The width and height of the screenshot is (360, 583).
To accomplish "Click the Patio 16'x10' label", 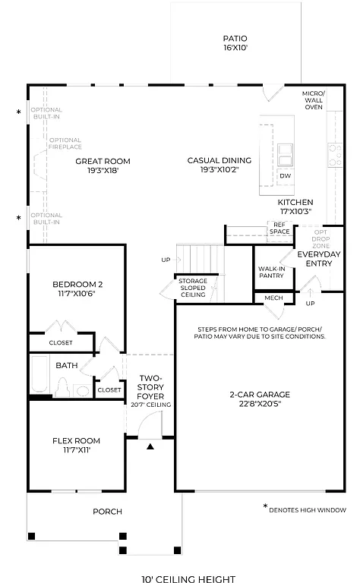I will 235,43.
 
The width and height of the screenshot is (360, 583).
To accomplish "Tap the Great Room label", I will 103,165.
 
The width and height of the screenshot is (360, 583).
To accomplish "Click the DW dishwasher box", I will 285,176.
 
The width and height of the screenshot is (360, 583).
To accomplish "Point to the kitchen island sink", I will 286,154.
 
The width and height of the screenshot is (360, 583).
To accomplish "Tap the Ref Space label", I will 279,227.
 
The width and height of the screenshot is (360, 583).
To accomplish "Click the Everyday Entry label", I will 320,258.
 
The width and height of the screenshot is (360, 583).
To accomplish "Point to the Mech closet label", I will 273,298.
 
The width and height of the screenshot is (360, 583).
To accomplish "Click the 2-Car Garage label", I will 256,399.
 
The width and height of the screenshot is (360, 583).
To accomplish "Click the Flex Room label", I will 76,445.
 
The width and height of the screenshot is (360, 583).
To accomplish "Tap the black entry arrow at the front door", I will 150,446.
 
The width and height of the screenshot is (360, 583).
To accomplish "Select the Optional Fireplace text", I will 65,144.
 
